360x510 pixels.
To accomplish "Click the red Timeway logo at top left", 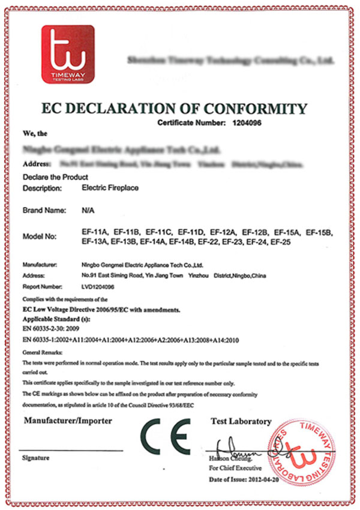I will pos(67,53).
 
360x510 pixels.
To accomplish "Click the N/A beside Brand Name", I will pos(86,211).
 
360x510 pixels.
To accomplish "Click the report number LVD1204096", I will pos(97,287).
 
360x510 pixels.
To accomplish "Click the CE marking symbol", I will pos(166,436).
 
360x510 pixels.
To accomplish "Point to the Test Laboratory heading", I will pos(241,422).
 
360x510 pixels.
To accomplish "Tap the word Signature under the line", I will pos(35,458).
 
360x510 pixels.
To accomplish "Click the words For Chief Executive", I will pos(235,467).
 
